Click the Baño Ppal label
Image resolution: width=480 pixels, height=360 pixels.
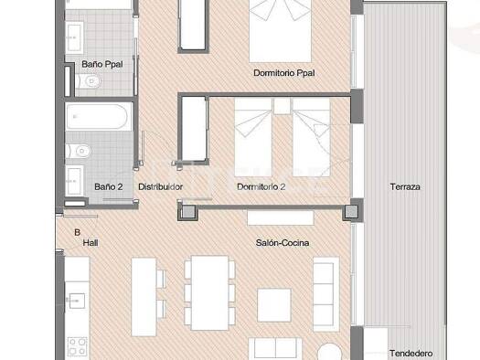point(102,64)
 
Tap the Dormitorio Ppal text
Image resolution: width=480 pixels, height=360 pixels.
point(284,73)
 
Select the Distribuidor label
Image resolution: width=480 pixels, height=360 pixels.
point(160,187)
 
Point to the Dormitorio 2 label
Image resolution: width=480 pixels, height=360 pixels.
point(261,187)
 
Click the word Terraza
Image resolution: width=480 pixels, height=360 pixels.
point(405,187)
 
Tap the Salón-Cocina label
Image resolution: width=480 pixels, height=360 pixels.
point(283,243)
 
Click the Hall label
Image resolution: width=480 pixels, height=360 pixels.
point(91,243)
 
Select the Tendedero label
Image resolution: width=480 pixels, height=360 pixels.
point(411,354)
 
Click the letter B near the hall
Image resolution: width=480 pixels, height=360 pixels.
point(78,232)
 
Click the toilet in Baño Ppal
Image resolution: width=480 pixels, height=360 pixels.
point(89,81)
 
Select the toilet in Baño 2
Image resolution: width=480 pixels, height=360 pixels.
point(79,151)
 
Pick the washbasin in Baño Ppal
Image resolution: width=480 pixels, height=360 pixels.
point(74,37)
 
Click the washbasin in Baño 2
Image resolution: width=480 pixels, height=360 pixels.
point(75,181)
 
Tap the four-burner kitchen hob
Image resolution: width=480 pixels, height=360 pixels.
point(77,346)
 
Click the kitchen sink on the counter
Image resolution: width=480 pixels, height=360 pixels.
point(77,301)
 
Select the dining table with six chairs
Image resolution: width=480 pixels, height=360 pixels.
point(209,293)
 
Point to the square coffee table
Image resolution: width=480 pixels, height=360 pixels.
point(274,305)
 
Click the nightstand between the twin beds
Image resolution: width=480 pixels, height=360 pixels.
point(282,106)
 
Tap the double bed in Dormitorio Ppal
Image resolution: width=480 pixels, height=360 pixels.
point(280,30)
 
